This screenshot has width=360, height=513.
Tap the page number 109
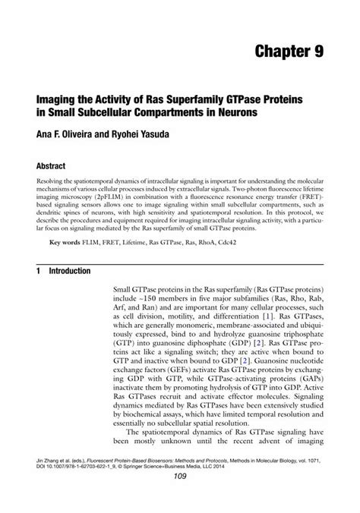[180, 497]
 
